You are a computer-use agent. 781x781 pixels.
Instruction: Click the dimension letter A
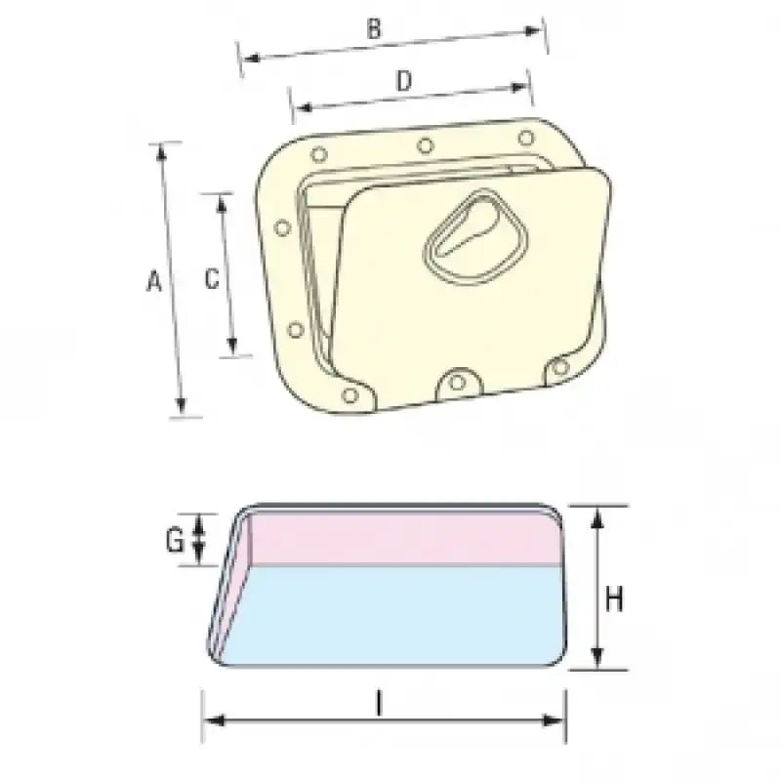(x=154, y=281)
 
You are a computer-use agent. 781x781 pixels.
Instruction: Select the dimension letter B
(x=374, y=29)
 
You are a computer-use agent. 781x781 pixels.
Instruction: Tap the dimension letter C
(x=212, y=278)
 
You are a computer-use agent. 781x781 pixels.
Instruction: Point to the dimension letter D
(x=404, y=81)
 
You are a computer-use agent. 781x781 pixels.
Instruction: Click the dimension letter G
(x=175, y=541)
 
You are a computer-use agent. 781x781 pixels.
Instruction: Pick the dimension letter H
(x=614, y=599)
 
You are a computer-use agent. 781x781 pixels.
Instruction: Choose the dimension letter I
(x=380, y=705)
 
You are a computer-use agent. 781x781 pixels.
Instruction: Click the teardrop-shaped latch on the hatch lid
(x=475, y=238)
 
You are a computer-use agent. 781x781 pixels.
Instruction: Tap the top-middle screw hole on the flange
(x=425, y=145)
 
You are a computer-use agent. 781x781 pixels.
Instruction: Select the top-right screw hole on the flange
(x=526, y=138)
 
